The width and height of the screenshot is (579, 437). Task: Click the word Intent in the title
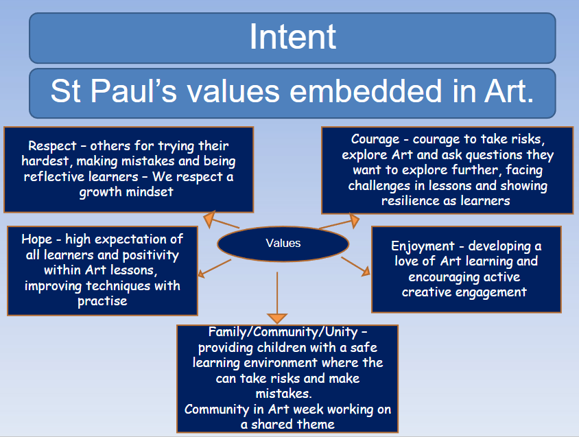[292, 36]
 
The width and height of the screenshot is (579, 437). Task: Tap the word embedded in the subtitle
[366, 91]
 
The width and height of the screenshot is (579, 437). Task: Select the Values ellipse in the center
[283, 244]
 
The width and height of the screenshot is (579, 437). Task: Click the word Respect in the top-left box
[52, 146]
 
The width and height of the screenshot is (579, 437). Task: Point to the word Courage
[375, 140]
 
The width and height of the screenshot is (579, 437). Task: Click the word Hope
[37, 239]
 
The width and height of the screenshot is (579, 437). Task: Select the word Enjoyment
[423, 246]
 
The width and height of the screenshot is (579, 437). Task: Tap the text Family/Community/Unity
[283, 332]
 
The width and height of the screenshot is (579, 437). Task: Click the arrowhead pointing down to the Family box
[277, 318]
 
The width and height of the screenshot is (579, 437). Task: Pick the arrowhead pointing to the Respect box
[209, 219]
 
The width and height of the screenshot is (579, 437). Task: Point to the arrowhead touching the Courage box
[354, 220]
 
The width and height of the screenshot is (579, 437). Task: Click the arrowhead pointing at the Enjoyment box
[366, 272]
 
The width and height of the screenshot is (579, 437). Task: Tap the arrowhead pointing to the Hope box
[201, 273]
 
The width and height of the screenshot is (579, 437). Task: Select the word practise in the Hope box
[102, 301]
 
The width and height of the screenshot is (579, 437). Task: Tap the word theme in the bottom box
[316, 425]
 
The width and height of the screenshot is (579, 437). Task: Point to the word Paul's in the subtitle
[133, 91]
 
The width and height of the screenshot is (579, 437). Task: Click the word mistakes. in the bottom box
[283, 394]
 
